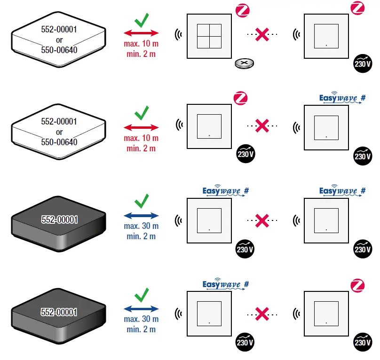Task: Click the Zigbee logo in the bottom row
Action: point(358,285)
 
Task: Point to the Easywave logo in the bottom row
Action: point(225,285)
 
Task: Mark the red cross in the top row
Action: point(262,34)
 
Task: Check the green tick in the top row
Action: point(141,21)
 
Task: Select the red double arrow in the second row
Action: point(141,127)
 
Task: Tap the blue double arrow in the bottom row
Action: point(141,309)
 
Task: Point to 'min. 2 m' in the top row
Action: point(141,54)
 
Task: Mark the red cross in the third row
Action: point(262,219)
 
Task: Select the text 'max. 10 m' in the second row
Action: point(141,139)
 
